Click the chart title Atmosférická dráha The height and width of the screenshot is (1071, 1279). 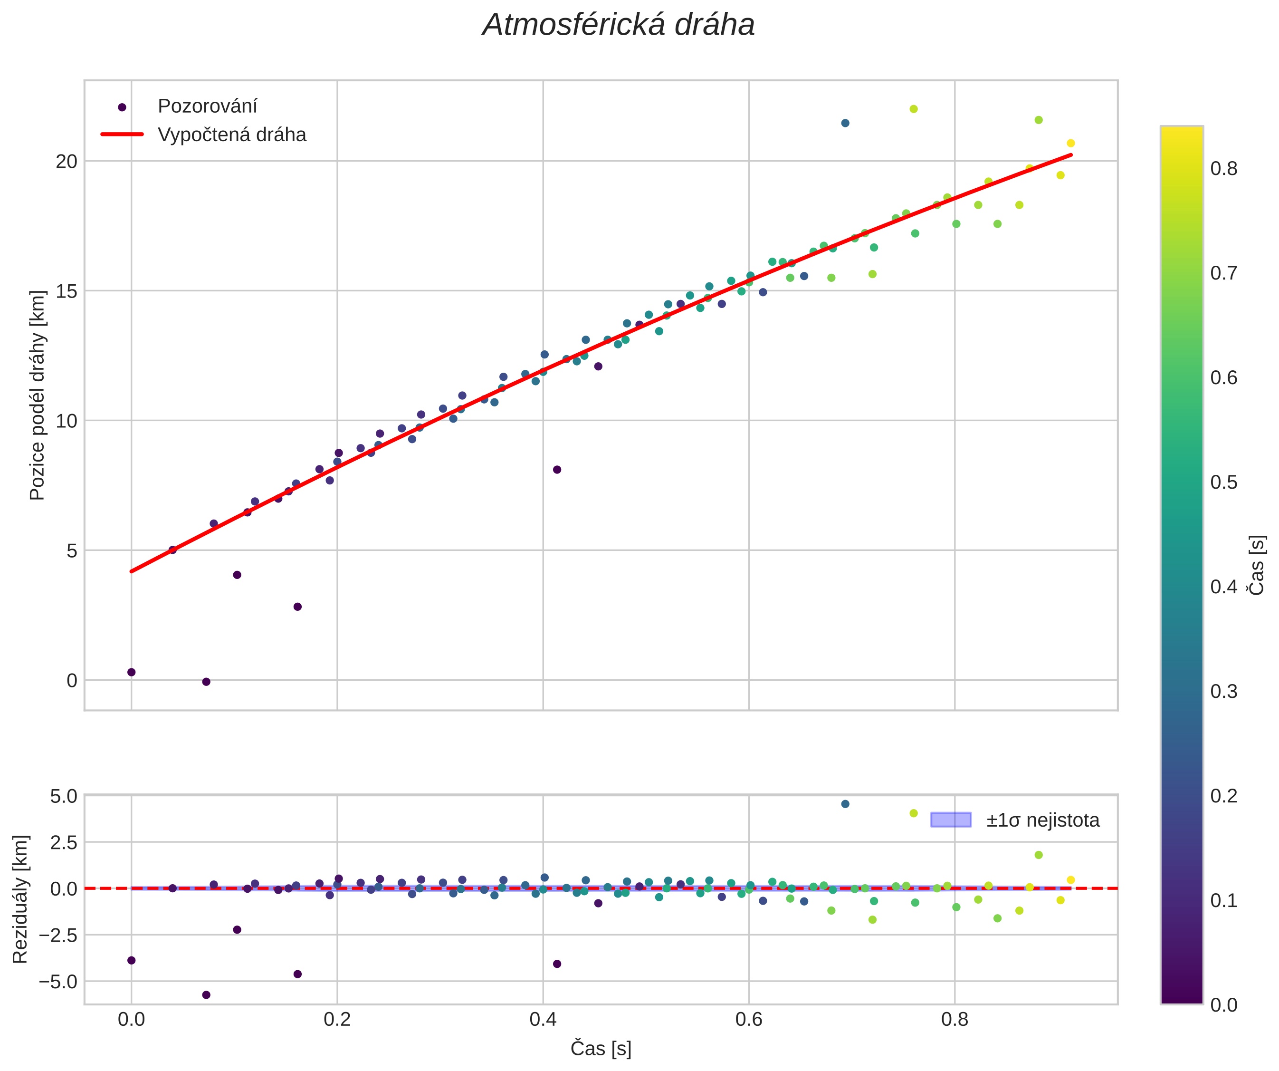click(x=618, y=26)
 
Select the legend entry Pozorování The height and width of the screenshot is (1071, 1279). click(x=207, y=106)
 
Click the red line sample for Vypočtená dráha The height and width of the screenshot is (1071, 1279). click(x=122, y=135)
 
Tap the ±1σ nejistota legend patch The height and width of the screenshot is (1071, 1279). click(x=951, y=820)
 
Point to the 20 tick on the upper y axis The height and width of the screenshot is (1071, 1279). click(x=67, y=162)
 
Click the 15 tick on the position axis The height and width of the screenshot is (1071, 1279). click(x=67, y=291)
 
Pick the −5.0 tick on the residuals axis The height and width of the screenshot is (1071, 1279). click(x=58, y=982)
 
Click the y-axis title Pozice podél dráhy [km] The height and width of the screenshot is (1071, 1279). click(x=37, y=395)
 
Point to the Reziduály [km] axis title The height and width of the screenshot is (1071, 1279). click(x=20, y=899)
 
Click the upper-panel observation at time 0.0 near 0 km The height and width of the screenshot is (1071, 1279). click(x=131, y=672)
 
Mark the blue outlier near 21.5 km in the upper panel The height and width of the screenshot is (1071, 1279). click(x=845, y=123)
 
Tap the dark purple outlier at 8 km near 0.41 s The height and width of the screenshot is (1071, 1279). click(x=557, y=470)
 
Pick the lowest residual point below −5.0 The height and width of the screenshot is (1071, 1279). click(x=206, y=995)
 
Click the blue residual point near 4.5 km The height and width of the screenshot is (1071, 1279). click(x=845, y=804)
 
